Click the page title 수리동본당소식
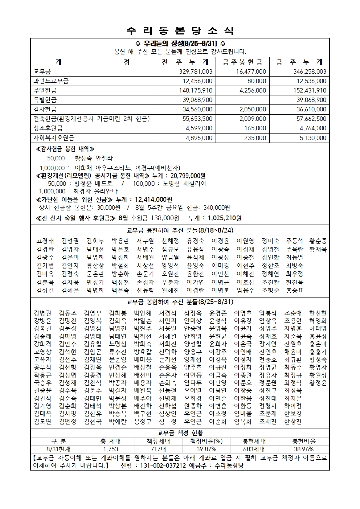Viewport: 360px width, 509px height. [x=180, y=31]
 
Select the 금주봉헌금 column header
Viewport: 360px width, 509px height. [x=242, y=62]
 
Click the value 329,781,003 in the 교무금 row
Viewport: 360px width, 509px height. [x=196, y=72]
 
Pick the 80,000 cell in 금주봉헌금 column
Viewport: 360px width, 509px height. [x=257, y=81]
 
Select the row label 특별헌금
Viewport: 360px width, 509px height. [x=45, y=100]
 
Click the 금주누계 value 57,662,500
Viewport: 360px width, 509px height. [x=311, y=119]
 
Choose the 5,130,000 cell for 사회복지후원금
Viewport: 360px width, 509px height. [x=313, y=138]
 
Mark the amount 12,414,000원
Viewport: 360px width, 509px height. [x=154, y=200]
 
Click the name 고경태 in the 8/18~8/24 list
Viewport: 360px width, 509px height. [x=45, y=241]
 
